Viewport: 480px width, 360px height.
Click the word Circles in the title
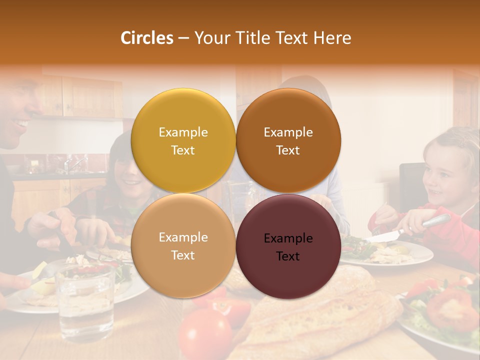pyautogui.click(x=146, y=38)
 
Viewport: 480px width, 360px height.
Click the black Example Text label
pyautogui.click(x=288, y=247)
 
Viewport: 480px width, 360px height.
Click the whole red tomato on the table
pyautogui.click(x=205, y=334)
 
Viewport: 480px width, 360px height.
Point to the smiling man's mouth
pyautogui.click(x=21, y=123)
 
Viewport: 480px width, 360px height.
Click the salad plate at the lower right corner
pyautogui.click(x=440, y=315)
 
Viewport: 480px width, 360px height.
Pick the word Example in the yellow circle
pyautogui.click(x=183, y=132)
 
